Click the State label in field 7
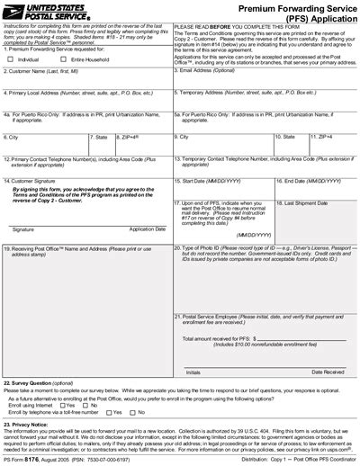point(100,137)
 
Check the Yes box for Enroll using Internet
point(58,406)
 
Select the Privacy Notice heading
point(31,423)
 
